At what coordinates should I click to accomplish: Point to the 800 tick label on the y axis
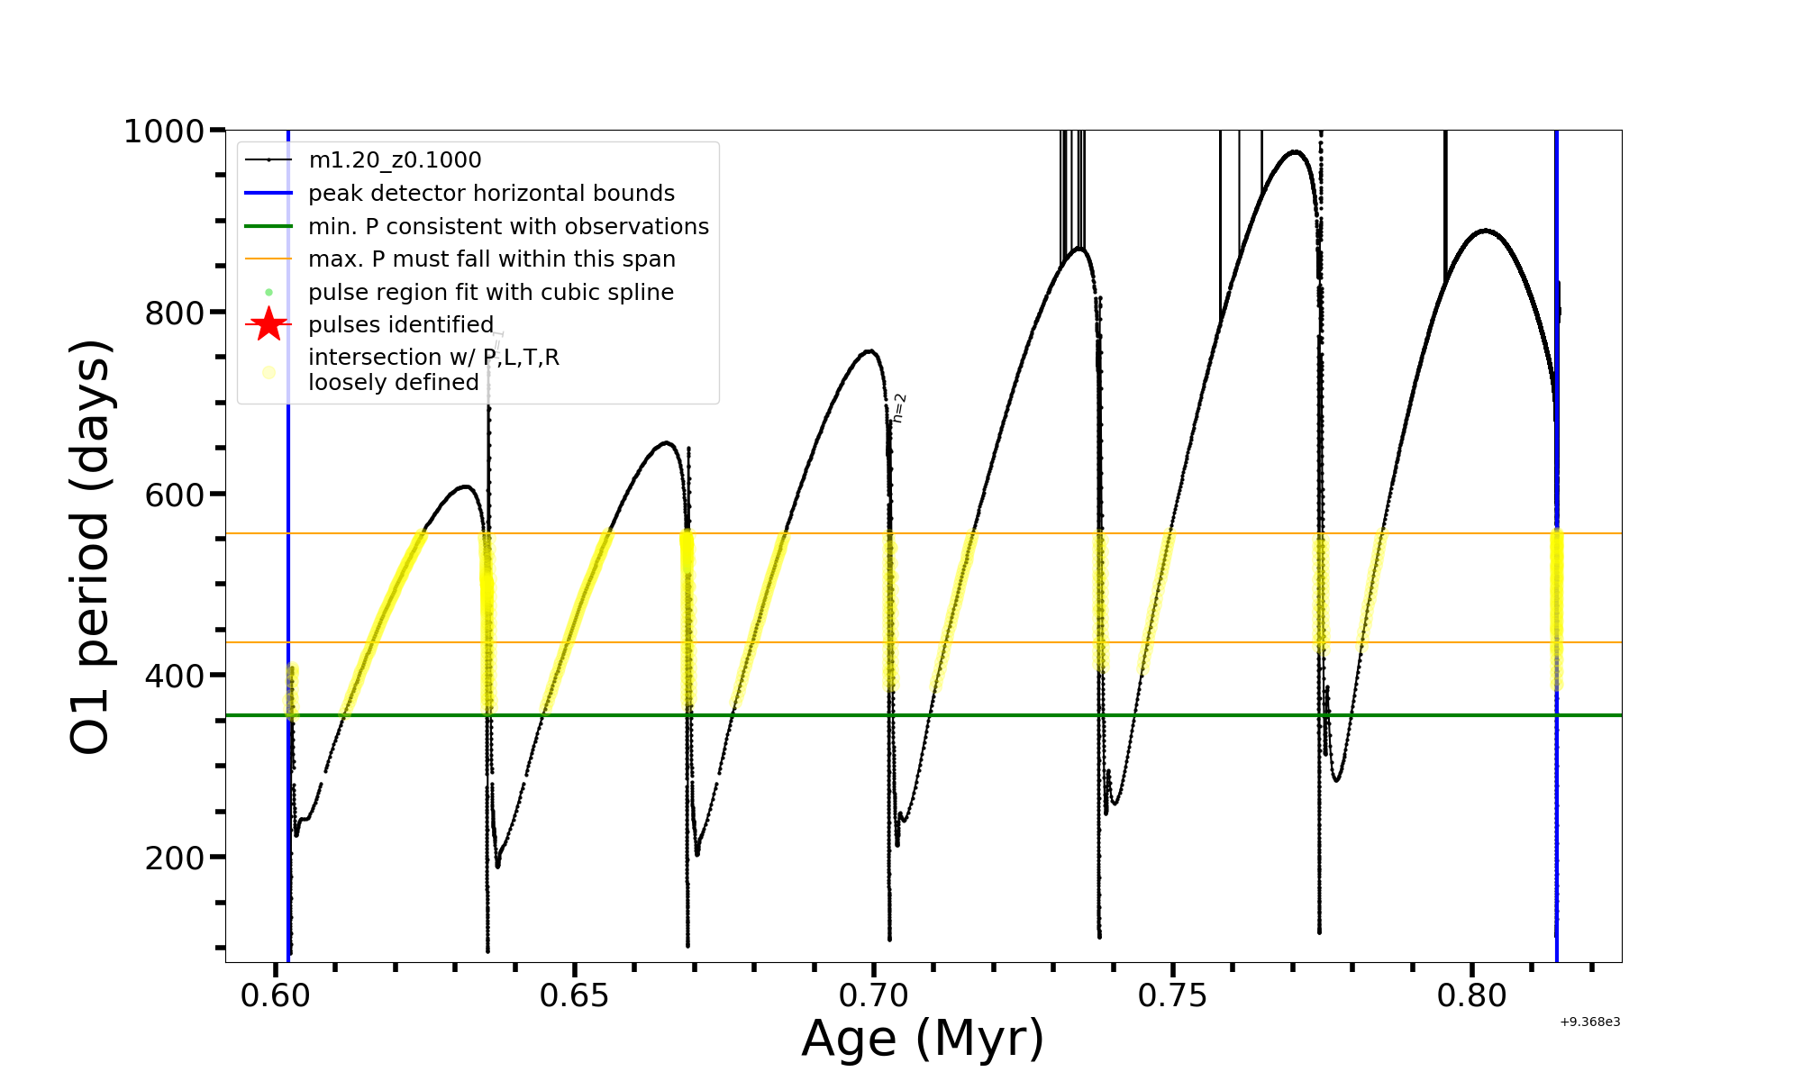175,313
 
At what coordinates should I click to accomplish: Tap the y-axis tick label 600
175,495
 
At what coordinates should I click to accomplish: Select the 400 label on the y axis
175,677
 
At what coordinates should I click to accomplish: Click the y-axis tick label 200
175,858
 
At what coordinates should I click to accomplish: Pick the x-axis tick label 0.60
275,996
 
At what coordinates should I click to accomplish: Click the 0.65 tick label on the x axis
574,996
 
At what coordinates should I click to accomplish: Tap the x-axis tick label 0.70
873,996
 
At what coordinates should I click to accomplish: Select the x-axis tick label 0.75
1172,996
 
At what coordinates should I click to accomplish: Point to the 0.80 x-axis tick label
1471,996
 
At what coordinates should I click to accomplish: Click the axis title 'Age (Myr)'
923,1039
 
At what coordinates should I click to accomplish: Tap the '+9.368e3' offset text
1589,1022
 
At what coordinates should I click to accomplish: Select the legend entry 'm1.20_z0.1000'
395,160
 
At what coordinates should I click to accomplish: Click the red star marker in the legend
268,324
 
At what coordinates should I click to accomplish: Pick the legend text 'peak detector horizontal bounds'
491,194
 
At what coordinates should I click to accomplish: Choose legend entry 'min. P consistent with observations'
508,227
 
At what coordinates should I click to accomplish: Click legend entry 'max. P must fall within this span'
491,259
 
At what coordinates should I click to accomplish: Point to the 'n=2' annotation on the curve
898,408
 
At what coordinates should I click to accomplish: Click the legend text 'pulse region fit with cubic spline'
490,293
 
